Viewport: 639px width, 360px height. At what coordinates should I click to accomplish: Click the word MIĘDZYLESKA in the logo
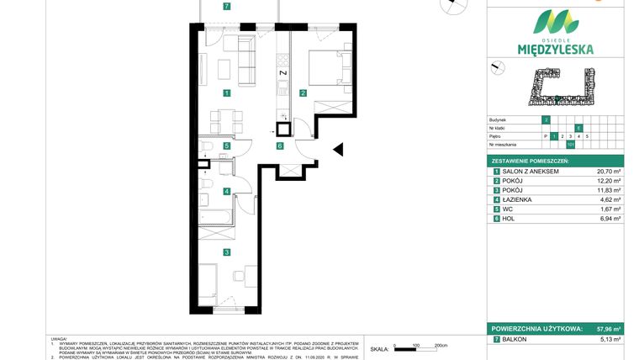point(556,50)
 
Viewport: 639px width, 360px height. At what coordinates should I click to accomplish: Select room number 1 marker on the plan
point(227,93)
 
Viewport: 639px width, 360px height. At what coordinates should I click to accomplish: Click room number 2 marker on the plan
point(303,93)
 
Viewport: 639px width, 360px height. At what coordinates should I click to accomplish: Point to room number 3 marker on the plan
point(227,251)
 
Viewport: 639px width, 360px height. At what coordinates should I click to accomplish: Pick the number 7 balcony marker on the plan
point(227,7)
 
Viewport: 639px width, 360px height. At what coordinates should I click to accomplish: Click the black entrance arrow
point(339,150)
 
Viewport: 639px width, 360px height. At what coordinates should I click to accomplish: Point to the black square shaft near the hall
point(284,130)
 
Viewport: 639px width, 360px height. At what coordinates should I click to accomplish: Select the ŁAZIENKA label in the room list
point(516,199)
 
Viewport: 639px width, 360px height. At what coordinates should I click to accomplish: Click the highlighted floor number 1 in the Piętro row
point(553,135)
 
